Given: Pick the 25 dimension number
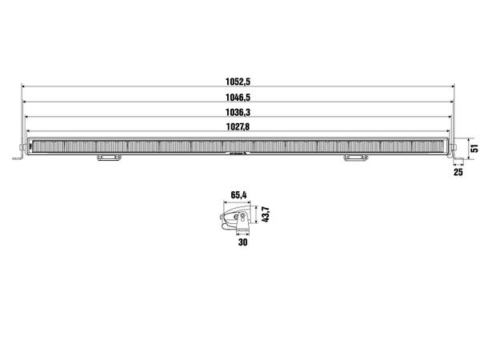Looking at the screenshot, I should pos(458,171).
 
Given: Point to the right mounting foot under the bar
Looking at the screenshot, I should pos(353,159).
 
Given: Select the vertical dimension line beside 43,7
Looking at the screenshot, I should pos(258,216).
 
